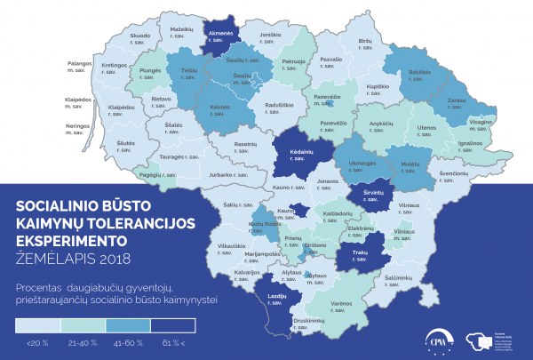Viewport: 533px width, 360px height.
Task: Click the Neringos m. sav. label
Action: [79, 128]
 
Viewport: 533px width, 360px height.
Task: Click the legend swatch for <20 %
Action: [38, 324]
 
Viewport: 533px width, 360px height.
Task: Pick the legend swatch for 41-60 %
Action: [126, 324]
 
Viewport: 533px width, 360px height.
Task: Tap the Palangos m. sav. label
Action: [80, 67]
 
